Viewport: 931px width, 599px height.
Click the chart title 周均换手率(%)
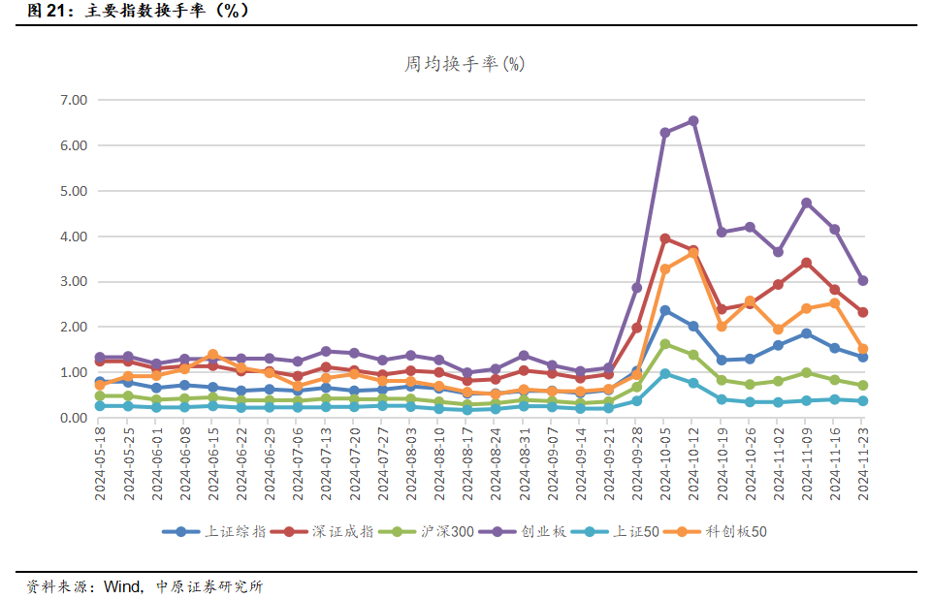coord(465,64)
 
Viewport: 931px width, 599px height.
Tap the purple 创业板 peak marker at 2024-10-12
coord(693,121)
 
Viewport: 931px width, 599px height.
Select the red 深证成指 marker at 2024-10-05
coord(665,238)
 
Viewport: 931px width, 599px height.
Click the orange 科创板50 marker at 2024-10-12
coord(693,253)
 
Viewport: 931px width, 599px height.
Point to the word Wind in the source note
coord(122,586)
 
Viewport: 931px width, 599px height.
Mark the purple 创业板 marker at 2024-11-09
coord(806,204)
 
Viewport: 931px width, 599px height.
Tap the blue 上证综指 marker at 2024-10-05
coord(665,310)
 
